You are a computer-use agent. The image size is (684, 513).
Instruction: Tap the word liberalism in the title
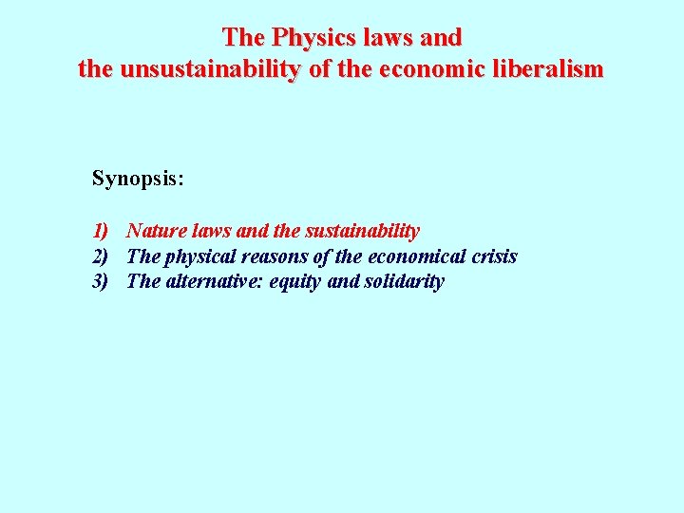(549, 69)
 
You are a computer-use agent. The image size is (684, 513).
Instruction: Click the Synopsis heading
(138, 178)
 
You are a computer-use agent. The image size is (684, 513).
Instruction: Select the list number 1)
(102, 231)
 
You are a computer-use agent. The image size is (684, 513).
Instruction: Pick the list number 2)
(102, 256)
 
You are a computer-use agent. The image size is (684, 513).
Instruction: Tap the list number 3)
(102, 282)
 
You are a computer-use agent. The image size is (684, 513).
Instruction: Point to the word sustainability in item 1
(363, 231)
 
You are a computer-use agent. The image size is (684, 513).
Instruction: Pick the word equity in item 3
(295, 282)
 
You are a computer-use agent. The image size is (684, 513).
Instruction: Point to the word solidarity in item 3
(404, 282)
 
